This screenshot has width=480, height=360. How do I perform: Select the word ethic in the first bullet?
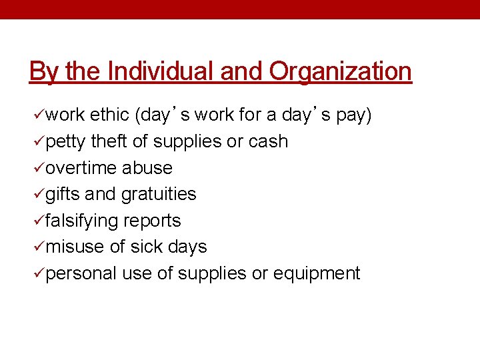[109, 115]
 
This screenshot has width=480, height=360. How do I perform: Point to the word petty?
[66, 142]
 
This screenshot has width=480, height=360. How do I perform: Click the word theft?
[109, 141]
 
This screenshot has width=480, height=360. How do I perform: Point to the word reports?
[155, 221]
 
